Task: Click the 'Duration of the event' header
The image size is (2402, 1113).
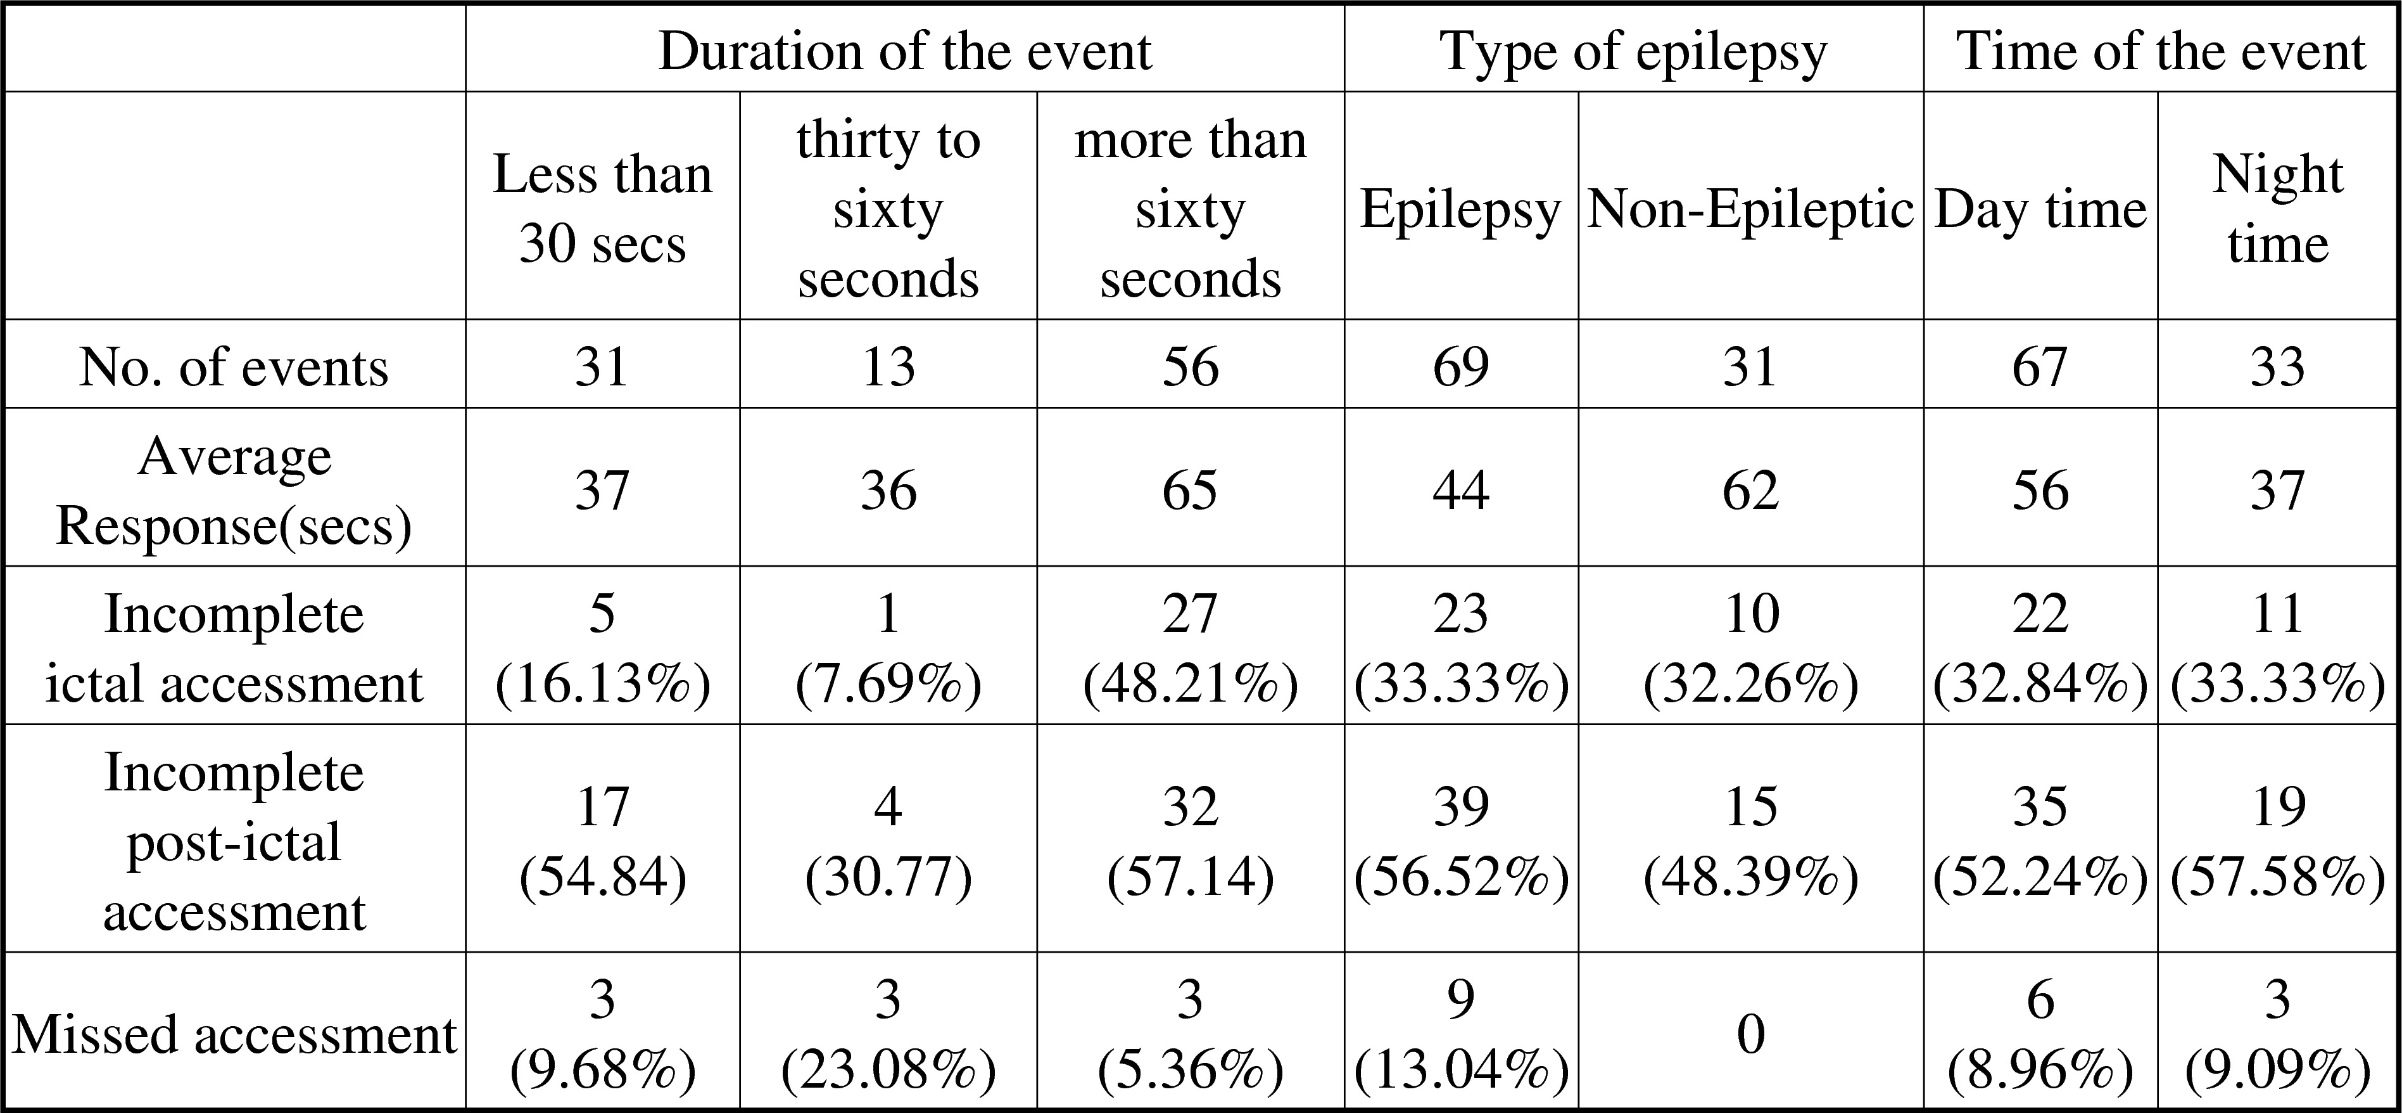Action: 904,51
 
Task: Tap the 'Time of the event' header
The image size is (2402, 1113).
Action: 2161,51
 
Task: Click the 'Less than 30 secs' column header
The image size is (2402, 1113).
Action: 602,208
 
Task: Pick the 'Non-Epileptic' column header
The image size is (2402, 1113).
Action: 1750,208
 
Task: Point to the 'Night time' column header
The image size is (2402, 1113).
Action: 2277,208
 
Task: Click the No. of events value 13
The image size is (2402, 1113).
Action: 888,366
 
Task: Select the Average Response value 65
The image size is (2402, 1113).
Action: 1190,491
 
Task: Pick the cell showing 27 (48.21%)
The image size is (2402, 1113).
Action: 1190,648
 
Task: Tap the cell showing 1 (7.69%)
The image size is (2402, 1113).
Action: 888,648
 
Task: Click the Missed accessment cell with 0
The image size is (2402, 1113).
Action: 1750,1034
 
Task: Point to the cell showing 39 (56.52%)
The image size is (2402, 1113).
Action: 1460,840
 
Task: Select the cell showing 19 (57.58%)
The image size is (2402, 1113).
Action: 2277,840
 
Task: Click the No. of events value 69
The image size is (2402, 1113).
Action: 1460,366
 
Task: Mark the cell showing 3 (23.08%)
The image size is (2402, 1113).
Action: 888,1034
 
